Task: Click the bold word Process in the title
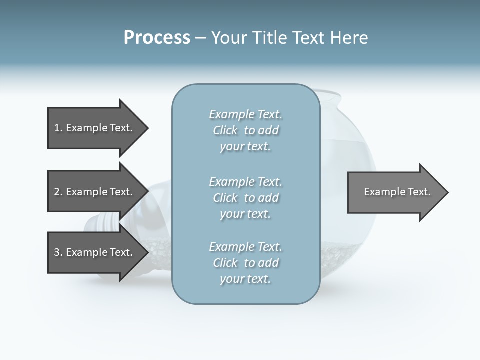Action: tap(157, 38)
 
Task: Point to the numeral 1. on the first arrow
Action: tap(58, 128)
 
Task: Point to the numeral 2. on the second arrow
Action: tap(58, 192)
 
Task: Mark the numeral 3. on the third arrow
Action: tap(58, 252)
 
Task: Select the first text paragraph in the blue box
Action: tap(245, 130)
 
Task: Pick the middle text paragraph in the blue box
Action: tap(245, 197)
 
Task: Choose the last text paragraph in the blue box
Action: tap(245, 263)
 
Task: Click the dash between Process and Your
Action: tap(200, 38)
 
